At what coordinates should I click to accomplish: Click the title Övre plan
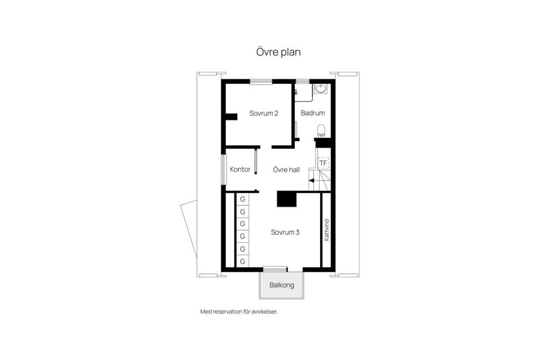coord(278,52)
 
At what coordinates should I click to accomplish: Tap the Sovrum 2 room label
coord(264,113)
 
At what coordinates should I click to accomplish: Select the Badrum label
coord(313,113)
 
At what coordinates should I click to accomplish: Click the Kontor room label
coord(240,169)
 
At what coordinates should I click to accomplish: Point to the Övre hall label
coord(286,169)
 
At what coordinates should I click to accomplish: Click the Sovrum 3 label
coord(285,232)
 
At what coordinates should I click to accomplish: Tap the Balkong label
coord(282,285)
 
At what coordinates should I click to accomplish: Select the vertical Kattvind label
coord(326,230)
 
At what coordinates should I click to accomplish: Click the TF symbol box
coord(323,163)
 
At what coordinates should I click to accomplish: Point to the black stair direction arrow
coord(311,181)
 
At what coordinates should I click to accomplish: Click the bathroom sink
coord(321,89)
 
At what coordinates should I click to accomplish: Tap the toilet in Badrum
coord(321,130)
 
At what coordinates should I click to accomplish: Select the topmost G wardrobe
coord(242,199)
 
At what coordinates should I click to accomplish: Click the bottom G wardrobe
coord(242,261)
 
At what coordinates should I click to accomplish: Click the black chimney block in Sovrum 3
coord(286,199)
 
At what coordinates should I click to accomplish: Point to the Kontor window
coord(223,169)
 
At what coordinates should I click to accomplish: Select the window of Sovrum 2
coord(261,82)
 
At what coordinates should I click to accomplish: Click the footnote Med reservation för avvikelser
coord(239,312)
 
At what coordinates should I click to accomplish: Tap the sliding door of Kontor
coord(256,161)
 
